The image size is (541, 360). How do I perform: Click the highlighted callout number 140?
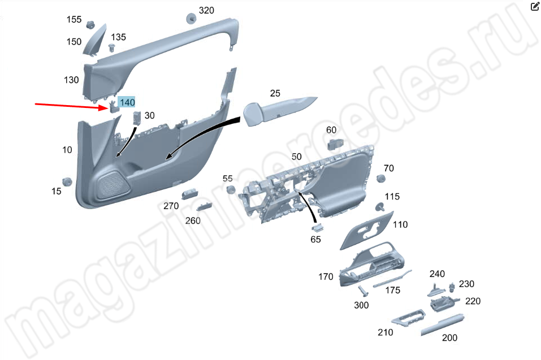point(127,102)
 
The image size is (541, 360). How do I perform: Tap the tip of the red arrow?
point(109,109)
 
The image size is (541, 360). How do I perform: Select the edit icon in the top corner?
point(534,6)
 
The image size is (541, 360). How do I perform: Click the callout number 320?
point(206,10)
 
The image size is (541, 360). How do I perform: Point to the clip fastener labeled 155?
point(90,24)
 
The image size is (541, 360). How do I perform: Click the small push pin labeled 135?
point(112,47)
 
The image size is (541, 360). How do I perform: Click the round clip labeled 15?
point(67,182)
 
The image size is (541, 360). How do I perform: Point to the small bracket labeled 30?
point(137,118)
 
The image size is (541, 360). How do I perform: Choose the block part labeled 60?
point(335,144)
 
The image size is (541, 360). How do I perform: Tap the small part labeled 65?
point(317,227)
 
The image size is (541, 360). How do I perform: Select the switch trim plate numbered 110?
point(367,231)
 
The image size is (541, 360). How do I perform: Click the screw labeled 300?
point(362,291)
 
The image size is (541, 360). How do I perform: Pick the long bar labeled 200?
point(443,324)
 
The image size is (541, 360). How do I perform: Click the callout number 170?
point(326,276)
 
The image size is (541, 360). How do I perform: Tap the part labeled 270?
point(189,194)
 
